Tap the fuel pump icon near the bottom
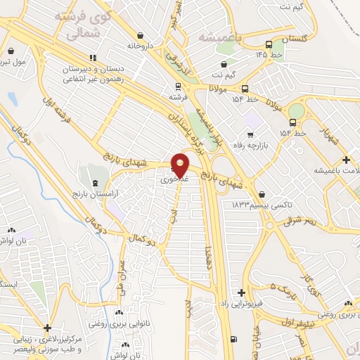[233, 340]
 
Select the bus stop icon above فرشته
[176, 87]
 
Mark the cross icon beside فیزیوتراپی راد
[242, 292]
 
